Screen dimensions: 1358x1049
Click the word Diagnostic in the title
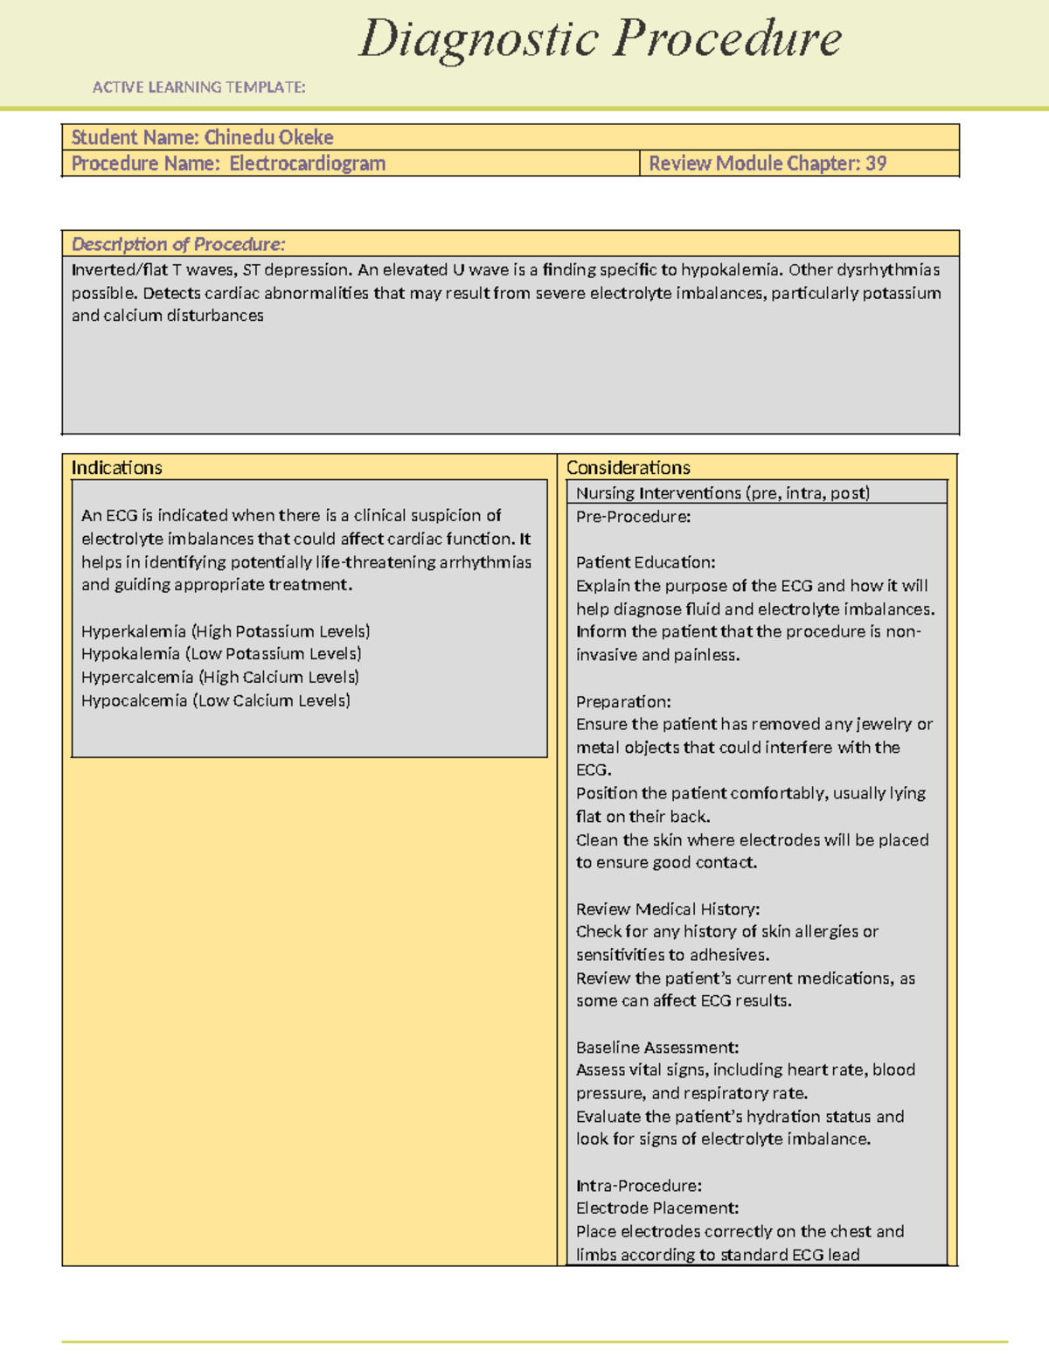point(478,40)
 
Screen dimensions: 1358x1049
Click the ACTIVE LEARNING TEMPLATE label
point(198,87)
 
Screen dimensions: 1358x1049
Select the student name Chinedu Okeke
point(268,137)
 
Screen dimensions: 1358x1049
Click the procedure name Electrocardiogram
point(307,164)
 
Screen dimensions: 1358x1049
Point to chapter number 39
point(876,164)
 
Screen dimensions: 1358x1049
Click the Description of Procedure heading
point(177,244)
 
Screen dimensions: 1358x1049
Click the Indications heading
point(116,468)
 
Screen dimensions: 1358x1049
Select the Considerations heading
point(628,468)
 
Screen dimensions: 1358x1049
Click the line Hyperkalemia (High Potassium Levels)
point(226,631)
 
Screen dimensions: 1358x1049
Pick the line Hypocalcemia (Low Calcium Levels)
point(216,700)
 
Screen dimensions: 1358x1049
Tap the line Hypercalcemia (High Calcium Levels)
point(220,678)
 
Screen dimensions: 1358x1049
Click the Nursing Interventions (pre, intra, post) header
point(722,493)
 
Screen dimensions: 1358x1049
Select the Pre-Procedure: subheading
point(633,517)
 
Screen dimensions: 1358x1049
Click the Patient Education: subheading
point(645,562)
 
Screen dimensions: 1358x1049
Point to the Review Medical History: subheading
point(667,909)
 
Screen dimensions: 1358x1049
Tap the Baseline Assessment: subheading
point(657,1048)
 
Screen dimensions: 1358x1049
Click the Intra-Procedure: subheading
point(638,1186)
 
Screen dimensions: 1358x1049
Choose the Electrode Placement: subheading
point(656,1208)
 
